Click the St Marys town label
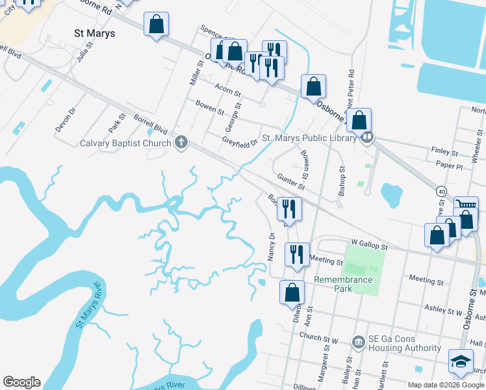click(95, 33)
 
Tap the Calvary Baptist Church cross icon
click(182, 143)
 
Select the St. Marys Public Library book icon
click(367, 138)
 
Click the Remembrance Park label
click(343, 284)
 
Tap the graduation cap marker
click(461, 362)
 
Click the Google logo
click(21, 382)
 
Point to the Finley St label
click(445, 150)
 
